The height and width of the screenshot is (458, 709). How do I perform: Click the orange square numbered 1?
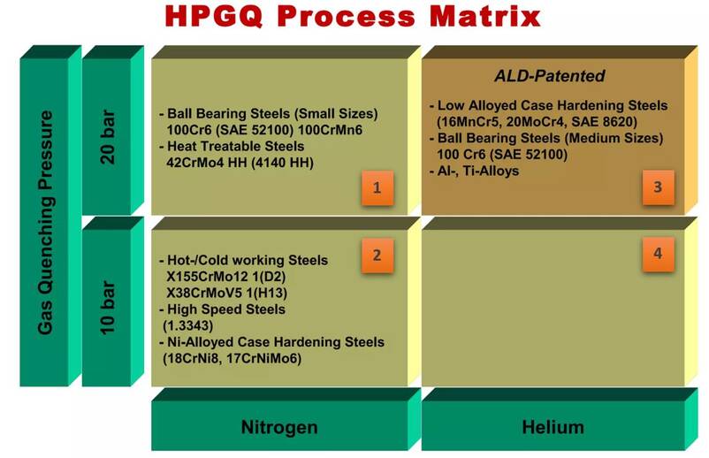click(377, 187)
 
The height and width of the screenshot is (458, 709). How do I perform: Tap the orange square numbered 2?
click(377, 256)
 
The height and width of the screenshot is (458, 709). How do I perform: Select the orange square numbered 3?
click(658, 187)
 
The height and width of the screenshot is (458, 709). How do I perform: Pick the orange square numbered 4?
click(658, 254)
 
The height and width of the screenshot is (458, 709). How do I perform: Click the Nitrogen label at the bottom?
click(279, 427)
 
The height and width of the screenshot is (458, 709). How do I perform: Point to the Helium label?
click(553, 427)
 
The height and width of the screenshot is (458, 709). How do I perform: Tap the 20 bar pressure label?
click(108, 137)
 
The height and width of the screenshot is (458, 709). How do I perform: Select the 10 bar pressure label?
click(108, 308)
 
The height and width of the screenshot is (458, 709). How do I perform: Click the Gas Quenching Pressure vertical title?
click(46, 223)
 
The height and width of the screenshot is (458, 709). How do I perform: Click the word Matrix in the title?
click(484, 16)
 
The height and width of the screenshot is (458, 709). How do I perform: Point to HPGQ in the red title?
click(213, 16)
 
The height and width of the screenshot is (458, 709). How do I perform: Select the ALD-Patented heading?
click(550, 75)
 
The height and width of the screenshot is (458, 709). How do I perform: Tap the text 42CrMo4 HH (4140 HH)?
click(240, 163)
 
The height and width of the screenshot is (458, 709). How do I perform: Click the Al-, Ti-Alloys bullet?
click(475, 171)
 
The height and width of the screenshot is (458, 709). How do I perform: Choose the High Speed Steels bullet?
click(223, 309)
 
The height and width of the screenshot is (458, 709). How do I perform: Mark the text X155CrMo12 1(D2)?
click(226, 277)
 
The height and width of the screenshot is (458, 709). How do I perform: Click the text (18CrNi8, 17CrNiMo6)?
click(232, 359)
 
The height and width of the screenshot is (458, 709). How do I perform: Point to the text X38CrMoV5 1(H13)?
click(227, 293)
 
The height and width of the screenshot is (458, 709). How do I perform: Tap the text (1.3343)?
click(187, 325)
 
